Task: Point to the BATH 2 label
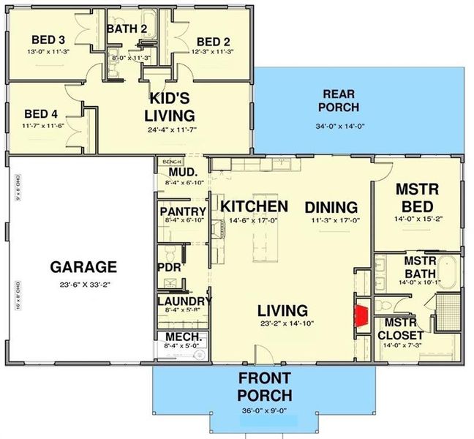[127, 29]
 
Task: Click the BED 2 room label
[214, 41]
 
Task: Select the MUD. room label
[176, 173]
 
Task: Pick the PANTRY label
[183, 212]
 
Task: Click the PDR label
[169, 268]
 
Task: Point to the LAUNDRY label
[184, 301]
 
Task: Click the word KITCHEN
[255, 206]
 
